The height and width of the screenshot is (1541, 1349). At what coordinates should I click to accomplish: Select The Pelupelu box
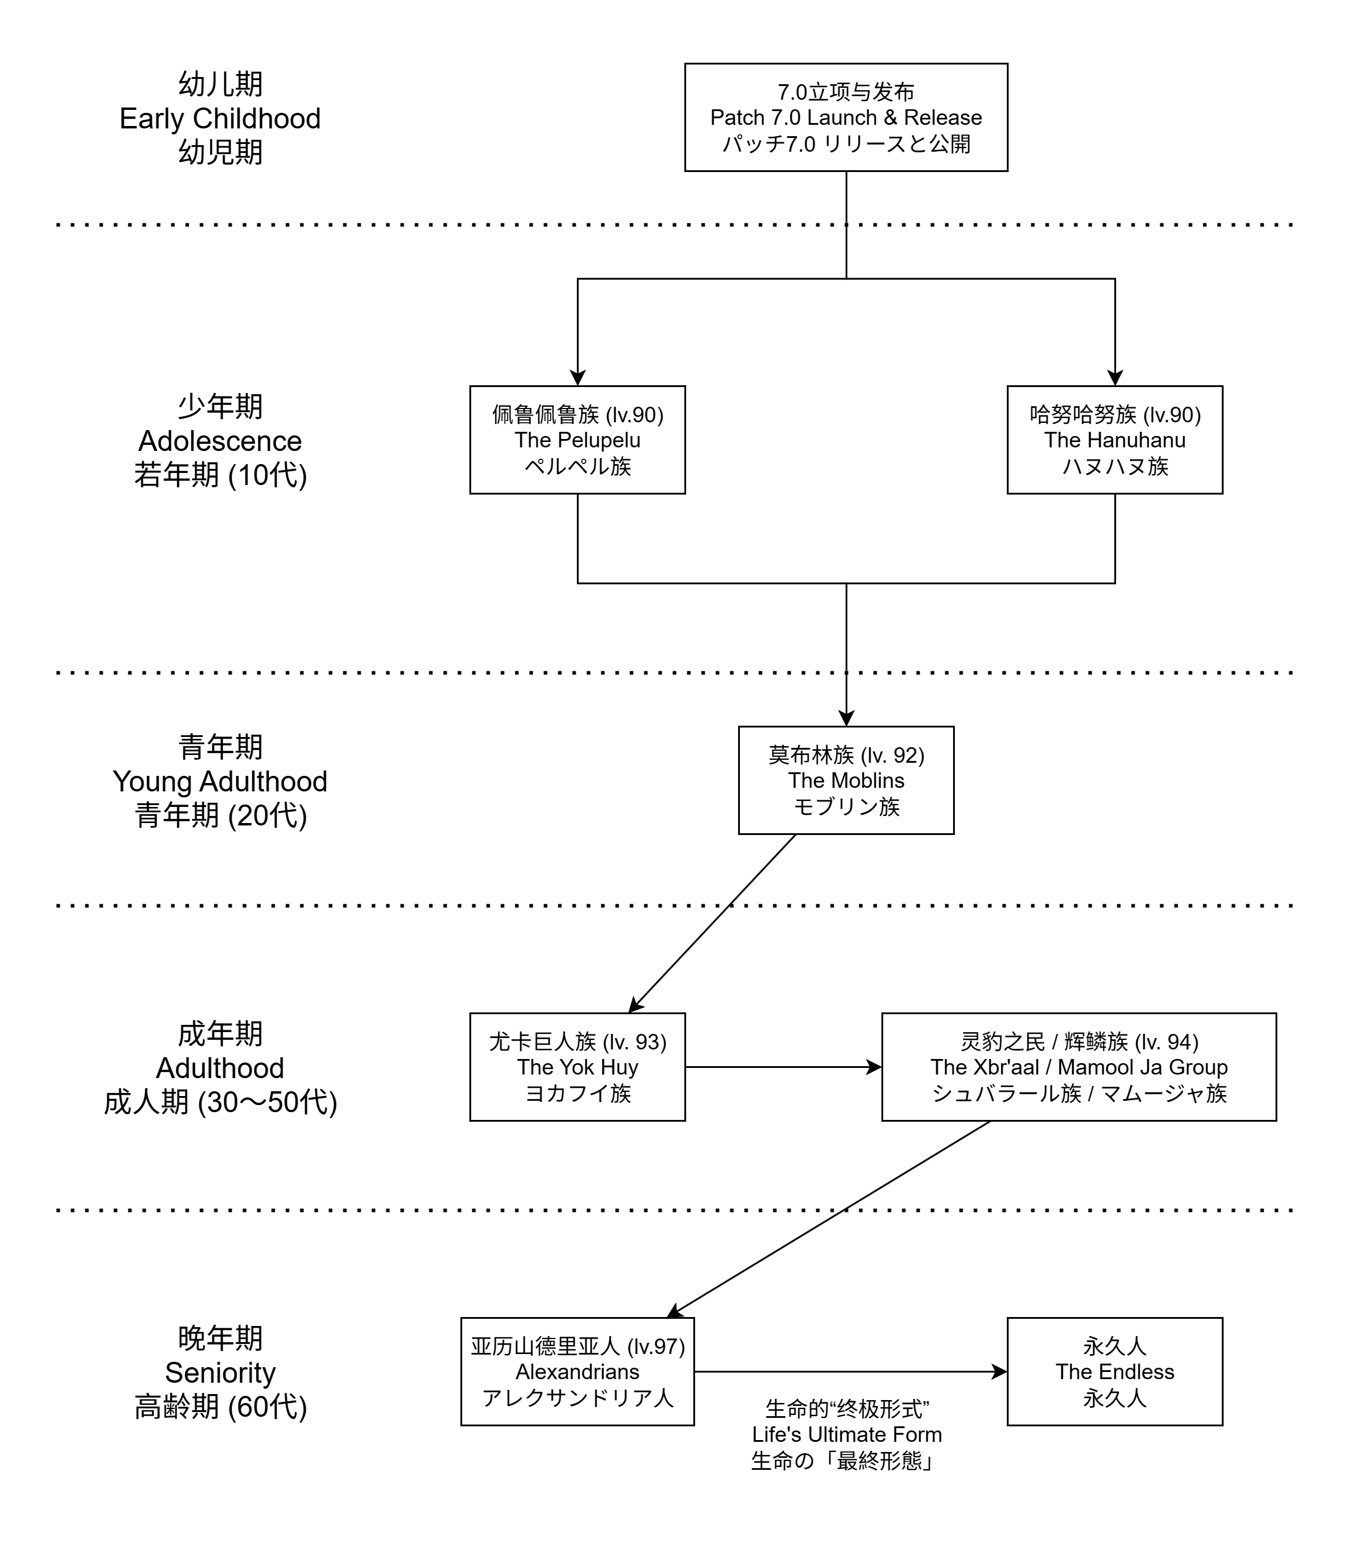577,440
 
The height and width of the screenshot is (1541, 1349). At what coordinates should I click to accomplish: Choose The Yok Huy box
577,1067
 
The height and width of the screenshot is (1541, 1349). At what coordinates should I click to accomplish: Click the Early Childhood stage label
220,119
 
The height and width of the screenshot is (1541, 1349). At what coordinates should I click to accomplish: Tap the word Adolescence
220,441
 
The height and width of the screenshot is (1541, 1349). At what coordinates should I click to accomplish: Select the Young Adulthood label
220,781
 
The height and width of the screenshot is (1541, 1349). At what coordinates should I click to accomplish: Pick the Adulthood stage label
220,1068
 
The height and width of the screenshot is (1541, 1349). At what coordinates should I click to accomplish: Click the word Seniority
220,1373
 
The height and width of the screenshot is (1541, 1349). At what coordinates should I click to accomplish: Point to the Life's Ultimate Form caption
846,1435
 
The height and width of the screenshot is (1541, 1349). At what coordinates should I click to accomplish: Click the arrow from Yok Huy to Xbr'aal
783,1067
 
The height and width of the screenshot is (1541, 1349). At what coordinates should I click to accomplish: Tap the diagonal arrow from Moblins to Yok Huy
712,923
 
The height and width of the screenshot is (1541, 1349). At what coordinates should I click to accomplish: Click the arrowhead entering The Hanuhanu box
1115,378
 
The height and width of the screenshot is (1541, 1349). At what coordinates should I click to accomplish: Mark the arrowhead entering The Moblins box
846,718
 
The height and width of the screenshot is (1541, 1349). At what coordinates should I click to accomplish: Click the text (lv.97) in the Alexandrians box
656,1347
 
